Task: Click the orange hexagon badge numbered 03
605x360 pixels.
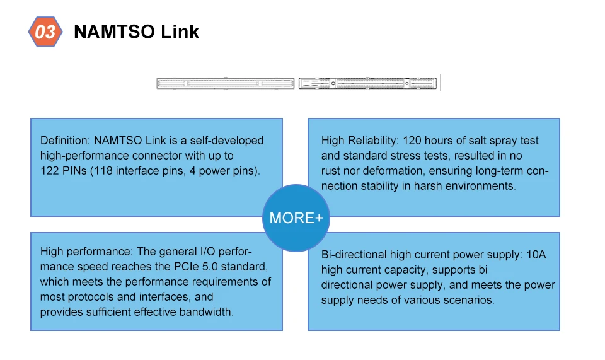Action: coord(45,32)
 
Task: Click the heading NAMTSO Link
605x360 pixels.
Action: coord(136,32)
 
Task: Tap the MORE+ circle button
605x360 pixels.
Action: coord(296,218)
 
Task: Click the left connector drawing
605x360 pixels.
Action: coord(225,83)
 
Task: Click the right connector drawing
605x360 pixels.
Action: coord(367,83)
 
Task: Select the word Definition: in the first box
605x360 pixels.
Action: coord(66,141)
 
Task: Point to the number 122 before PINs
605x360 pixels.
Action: coord(49,171)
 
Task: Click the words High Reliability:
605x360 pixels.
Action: coord(359,141)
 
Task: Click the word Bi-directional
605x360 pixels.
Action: coord(354,255)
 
